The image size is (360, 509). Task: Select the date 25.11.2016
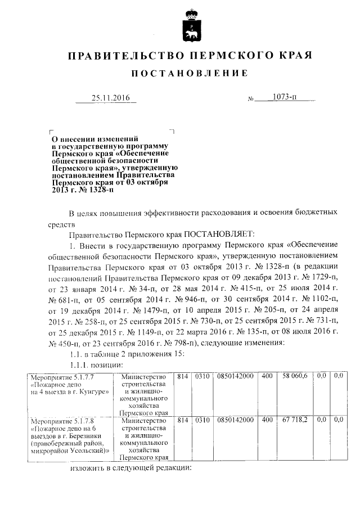pyautogui.click(x=110, y=98)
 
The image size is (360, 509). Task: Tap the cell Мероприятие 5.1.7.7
pyautogui.click(x=56, y=376)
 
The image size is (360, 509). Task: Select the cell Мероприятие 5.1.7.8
pyautogui.click(x=56, y=420)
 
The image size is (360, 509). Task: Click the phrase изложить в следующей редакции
pyautogui.click(x=132, y=468)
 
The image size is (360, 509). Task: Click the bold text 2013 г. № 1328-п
pyautogui.click(x=83, y=190)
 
